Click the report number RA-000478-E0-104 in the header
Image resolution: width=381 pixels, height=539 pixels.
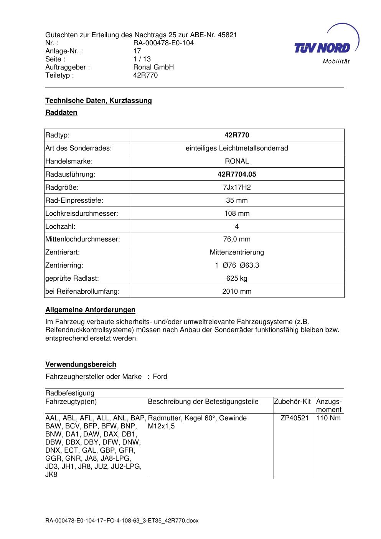pyautogui.click(x=163, y=43)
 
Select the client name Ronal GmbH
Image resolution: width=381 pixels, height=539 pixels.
pyautogui.click(x=153, y=67)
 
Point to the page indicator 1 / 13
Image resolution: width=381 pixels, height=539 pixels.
pyautogui.click(x=142, y=59)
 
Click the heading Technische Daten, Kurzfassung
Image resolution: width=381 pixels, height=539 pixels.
pyautogui.click(x=99, y=101)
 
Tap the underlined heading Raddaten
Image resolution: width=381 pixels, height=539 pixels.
pyautogui.click(x=61, y=112)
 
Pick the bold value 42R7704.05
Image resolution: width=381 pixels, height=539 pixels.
pyautogui.click(x=237, y=174)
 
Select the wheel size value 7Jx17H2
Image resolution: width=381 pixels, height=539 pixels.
pyautogui.click(x=237, y=187)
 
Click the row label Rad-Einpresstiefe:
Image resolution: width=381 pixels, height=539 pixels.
pyautogui.click(x=74, y=200)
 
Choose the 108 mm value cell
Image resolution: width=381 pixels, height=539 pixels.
pyautogui.click(x=237, y=213)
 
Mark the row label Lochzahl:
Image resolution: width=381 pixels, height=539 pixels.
pyautogui.click(x=60, y=227)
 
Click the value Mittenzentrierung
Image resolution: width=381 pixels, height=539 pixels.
pyautogui.click(x=237, y=252)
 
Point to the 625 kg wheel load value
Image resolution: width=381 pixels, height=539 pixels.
pyautogui.click(x=237, y=278)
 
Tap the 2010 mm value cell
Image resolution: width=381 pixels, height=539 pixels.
pyautogui.click(x=237, y=291)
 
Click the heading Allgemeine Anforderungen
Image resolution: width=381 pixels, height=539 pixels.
pyautogui.click(x=90, y=310)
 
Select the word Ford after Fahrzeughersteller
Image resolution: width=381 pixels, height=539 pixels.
pyautogui.click(x=160, y=377)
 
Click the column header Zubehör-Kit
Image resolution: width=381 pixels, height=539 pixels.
pyautogui.click(x=292, y=402)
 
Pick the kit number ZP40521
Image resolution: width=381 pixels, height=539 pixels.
pyautogui.click(x=295, y=418)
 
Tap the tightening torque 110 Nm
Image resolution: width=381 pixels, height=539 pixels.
pyautogui.click(x=328, y=418)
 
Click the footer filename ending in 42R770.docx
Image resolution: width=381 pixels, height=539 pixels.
pyautogui.click(x=122, y=521)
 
